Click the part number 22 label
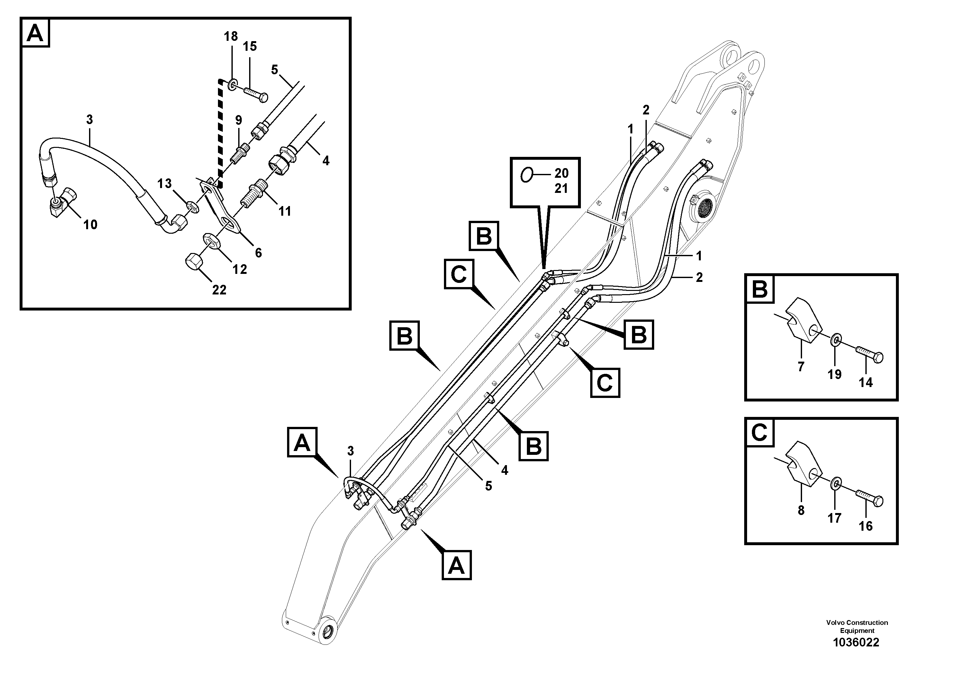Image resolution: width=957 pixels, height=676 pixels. click(x=219, y=290)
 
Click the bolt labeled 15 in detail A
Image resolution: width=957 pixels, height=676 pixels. click(x=255, y=94)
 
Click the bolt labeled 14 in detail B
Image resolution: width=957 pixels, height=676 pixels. click(x=870, y=357)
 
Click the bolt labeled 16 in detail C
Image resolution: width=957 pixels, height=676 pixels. click(x=870, y=500)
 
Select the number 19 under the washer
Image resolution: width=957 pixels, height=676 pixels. click(x=835, y=374)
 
